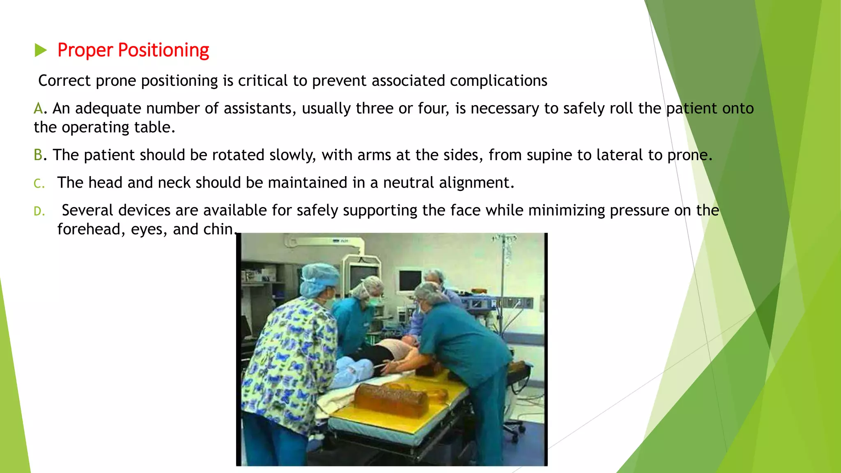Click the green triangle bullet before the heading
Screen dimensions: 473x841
coord(41,50)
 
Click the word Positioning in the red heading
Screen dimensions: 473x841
coord(163,50)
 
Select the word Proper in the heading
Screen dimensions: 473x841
coord(85,50)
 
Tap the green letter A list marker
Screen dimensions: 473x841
coord(38,108)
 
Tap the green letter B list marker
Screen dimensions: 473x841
coord(38,155)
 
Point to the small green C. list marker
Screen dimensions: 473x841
coord(39,184)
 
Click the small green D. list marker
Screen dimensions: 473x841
coord(39,211)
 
